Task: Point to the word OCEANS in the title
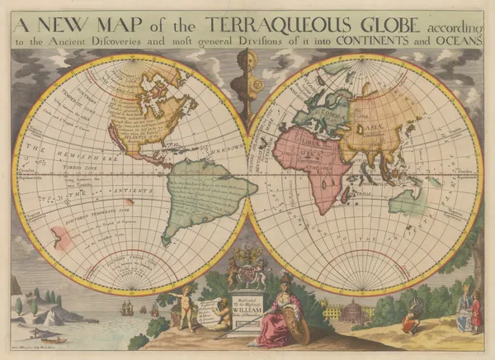457,39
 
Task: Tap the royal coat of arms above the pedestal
246,267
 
